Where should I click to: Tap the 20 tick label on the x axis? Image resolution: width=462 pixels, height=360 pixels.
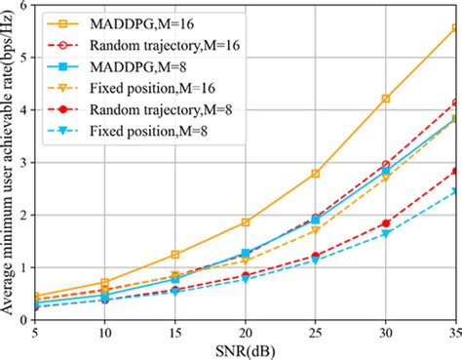(245, 332)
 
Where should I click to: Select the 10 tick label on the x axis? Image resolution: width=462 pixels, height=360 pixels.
(103, 332)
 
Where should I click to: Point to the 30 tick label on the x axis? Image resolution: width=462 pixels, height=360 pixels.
(386, 332)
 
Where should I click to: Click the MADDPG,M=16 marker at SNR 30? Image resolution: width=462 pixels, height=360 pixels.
(386, 98)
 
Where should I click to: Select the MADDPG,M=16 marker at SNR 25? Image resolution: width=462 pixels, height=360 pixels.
(316, 173)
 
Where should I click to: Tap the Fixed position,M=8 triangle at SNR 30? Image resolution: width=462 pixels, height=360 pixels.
(386, 234)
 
